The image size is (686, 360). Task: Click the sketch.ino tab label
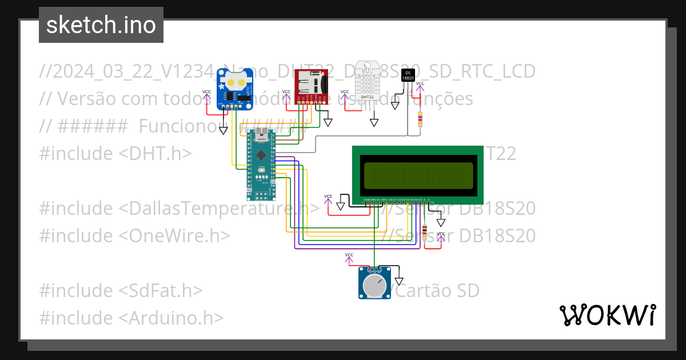(x=101, y=25)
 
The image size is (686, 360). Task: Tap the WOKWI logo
(x=607, y=315)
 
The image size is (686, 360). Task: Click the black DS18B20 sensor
(x=408, y=75)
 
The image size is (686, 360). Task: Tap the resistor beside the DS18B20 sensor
(x=421, y=119)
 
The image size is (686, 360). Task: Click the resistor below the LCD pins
(x=424, y=232)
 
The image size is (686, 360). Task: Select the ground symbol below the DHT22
(x=374, y=122)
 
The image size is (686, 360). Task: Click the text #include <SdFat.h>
(x=121, y=290)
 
